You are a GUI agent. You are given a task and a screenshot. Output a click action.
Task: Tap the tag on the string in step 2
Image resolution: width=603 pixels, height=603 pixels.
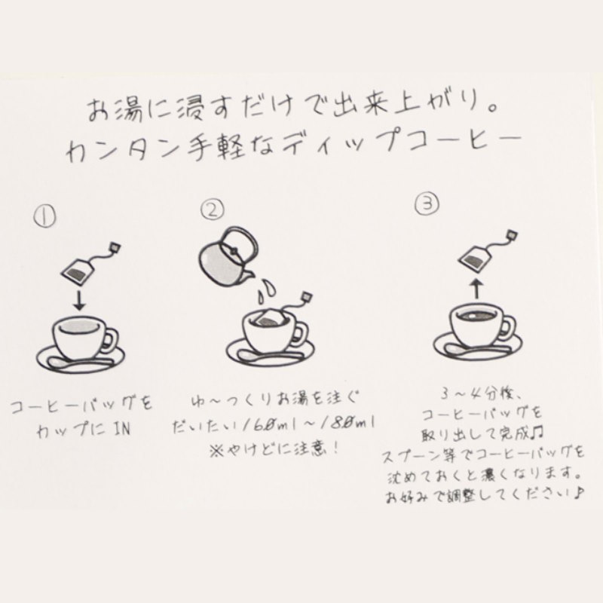pyautogui.click(x=307, y=295)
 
